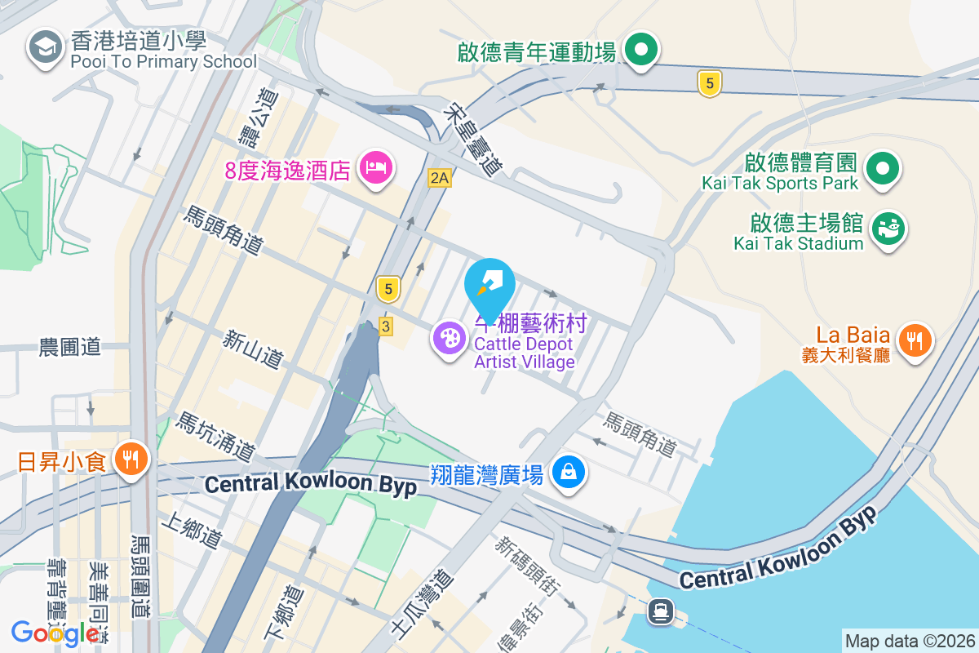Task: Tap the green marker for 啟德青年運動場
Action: (641, 50)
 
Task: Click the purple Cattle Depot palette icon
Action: (449, 338)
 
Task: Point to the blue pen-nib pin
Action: (489, 286)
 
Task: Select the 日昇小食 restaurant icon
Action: (130, 459)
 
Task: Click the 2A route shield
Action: (439, 178)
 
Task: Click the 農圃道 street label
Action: (70, 347)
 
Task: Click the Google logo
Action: (55, 633)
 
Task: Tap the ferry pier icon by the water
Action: (660, 611)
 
